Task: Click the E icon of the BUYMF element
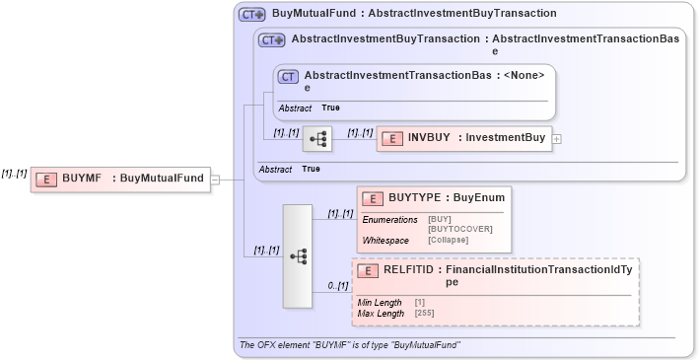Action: pyautogui.click(x=45, y=179)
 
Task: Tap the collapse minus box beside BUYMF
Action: pyautogui.click(x=215, y=180)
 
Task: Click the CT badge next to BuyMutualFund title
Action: pyautogui.click(x=252, y=15)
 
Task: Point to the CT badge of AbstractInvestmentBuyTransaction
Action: pyautogui.click(x=271, y=40)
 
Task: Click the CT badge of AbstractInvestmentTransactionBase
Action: pyautogui.click(x=288, y=76)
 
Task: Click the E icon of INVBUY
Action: pyautogui.click(x=391, y=139)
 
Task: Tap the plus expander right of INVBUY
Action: pyautogui.click(x=557, y=139)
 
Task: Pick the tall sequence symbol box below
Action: pyautogui.click(x=297, y=255)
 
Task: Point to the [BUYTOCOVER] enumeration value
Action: pyautogui.click(x=459, y=229)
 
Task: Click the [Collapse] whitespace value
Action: pyautogui.click(x=448, y=240)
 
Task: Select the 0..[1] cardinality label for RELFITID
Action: pyautogui.click(x=337, y=286)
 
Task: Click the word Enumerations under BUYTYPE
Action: pyautogui.click(x=389, y=219)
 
